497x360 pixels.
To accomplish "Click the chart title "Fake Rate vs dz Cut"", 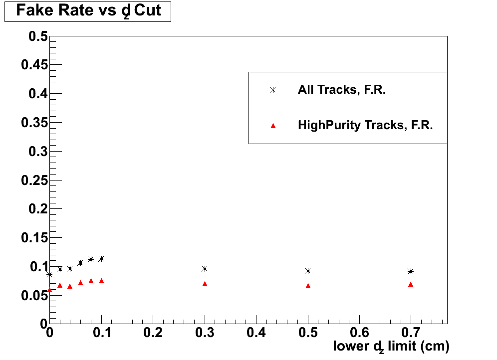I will (x=88, y=11).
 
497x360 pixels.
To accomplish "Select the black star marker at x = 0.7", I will (x=411, y=271).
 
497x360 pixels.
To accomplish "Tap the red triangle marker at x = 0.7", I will (x=411, y=284).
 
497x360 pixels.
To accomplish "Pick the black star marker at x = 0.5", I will (x=308, y=271).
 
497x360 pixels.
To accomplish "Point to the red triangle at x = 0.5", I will (x=308, y=286).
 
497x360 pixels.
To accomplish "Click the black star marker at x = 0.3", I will (x=205, y=269).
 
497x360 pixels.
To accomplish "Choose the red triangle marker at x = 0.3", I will (x=205, y=284).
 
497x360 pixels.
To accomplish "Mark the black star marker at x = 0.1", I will (x=101, y=259).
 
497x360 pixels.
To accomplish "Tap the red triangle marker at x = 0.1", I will (x=101, y=281).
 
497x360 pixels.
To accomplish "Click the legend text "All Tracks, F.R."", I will (x=342, y=90).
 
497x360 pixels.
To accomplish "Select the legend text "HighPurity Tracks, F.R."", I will (x=365, y=125).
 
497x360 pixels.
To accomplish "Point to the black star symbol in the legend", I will (x=272, y=90).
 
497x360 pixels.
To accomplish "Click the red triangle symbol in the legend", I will (x=272, y=126).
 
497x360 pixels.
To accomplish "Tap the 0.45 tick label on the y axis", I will (x=34, y=65).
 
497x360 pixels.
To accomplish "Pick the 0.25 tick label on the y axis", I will (x=34, y=180).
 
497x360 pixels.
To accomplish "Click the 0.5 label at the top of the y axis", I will (x=38, y=36).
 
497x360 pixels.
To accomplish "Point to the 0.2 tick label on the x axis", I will (x=153, y=332).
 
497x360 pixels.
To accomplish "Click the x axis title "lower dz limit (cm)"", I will (x=391, y=346).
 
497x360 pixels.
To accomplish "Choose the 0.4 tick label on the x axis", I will (x=256, y=332).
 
